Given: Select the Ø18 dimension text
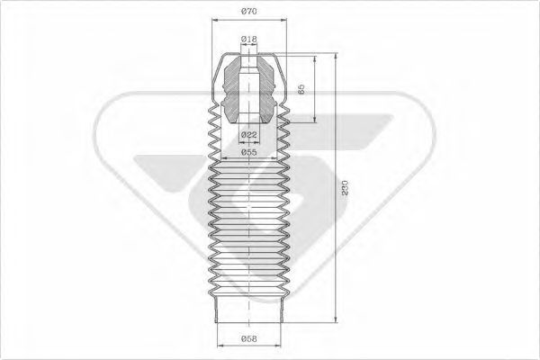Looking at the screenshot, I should tap(249, 40).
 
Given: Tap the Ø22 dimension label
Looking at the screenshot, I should tap(249, 134).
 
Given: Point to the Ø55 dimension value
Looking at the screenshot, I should tap(249, 153).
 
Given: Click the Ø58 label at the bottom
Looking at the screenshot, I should tap(249, 338).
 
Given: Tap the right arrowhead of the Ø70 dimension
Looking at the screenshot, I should tap(284, 21).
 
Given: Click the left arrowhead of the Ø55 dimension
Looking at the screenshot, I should tap(222, 160).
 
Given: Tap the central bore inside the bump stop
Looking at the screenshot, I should tap(249, 90).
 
